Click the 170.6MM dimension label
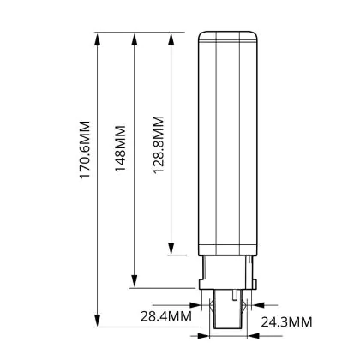click(85, 150)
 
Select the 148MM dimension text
click(120, 148)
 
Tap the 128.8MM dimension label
click(159, 145)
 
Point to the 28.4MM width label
click(166, 316)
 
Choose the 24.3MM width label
click(286, 322)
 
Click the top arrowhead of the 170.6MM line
click(98, 39)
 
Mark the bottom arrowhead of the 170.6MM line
click(98, 320)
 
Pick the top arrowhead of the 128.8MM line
click(171, 39)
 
